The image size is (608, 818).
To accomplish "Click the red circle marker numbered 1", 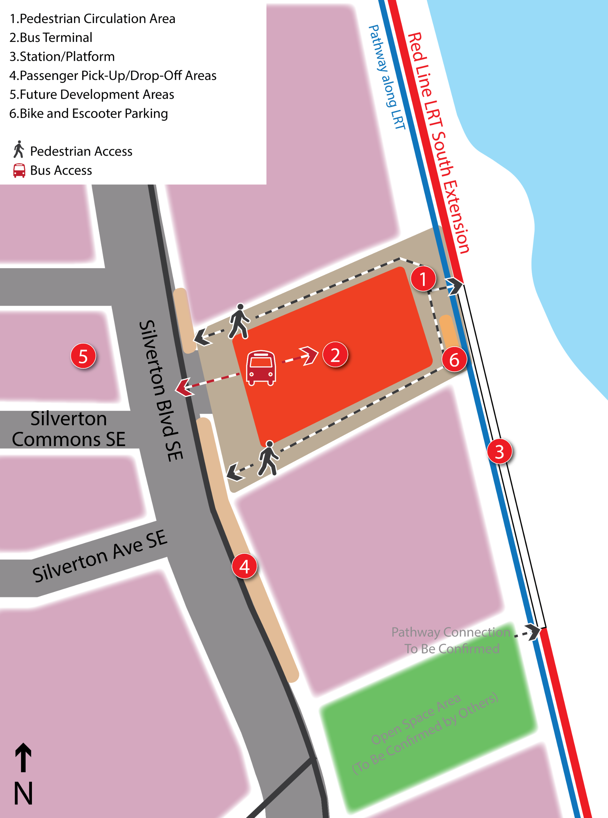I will tap(423, 279).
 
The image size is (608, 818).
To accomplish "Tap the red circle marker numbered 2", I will tap(335, 355).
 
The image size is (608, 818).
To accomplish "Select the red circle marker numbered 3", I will tap(499, 451).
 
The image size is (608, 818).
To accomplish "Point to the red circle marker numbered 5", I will tap(83, 356).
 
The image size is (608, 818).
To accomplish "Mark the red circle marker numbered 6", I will tap(454, 359).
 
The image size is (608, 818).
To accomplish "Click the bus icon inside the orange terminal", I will tap(261, 367).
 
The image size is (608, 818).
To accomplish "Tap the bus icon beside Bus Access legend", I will tap(19, 170).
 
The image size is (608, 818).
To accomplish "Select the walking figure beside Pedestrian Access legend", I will tap(19, 150).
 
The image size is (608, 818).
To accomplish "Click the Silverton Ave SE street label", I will tap(99, 556).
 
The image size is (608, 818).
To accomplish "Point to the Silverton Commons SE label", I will tap(68, 429).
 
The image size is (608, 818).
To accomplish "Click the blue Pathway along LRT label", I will tap(387, 77).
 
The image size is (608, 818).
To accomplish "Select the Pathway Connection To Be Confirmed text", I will tap(451, 640).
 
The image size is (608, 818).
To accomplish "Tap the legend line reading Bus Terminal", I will tap(51, 37).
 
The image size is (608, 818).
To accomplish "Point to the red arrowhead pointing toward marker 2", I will tap(310, 355).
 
